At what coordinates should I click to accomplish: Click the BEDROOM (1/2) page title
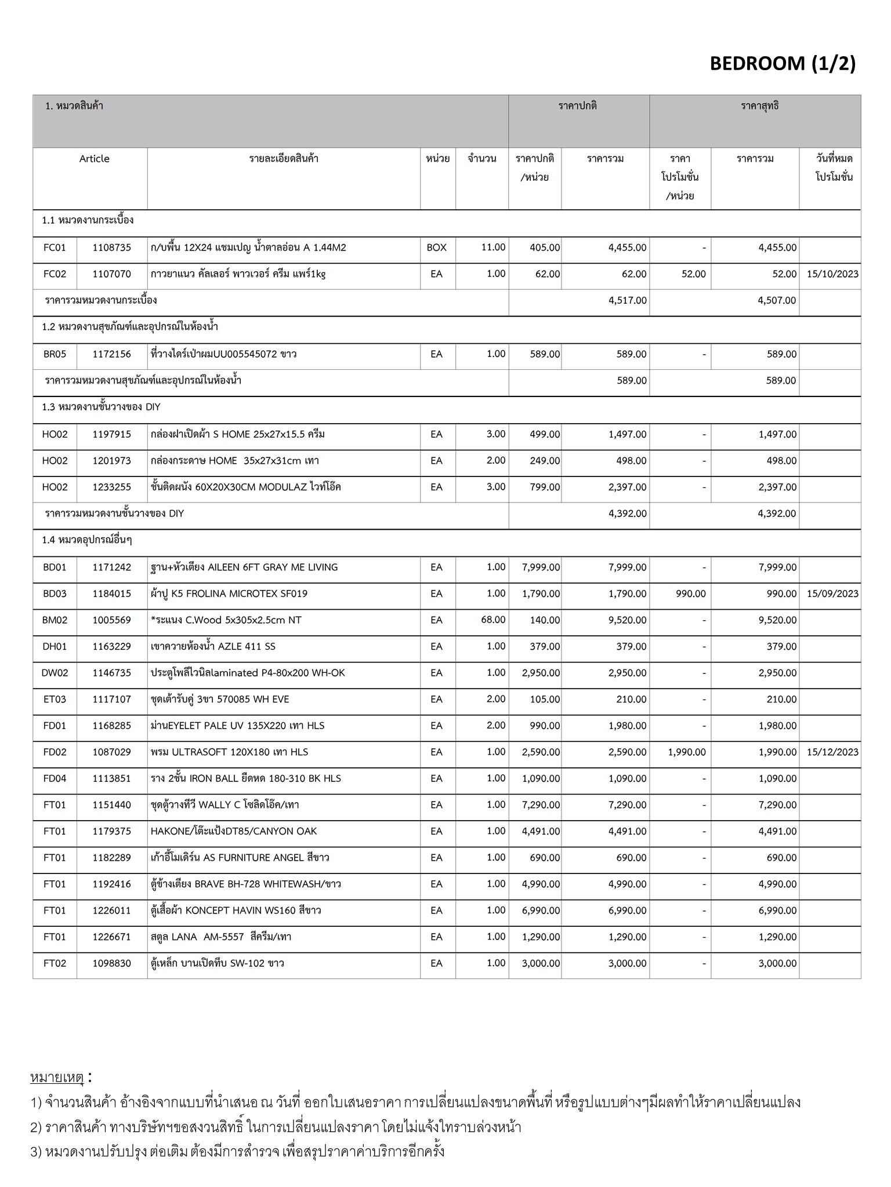(x=782, y=63)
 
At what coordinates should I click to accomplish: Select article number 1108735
(x=112, y=247)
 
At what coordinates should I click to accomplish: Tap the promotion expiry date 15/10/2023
(x=832, y=274)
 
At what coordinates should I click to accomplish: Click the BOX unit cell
(x=437, y=247)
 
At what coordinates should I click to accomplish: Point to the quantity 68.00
(x=493, y=620)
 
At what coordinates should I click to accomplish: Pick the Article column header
(x=94, y=159)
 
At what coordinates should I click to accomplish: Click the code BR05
(x=55, y=354)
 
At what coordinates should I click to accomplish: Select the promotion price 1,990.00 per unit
(x=687, y=752)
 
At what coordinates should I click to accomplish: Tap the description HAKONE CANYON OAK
(x=234, y=831)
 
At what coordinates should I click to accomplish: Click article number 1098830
(x=112, y=963)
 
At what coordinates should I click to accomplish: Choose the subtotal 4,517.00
(x=628, y=300)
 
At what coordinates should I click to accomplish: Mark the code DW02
(x=55, y=673)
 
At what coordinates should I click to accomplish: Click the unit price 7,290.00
(x=541, y=805)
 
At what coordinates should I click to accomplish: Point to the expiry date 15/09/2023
(x=832, y=593)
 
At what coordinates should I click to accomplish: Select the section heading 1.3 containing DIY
(x=101, y=407)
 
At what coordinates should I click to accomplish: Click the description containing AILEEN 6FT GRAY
(x=244, y=567)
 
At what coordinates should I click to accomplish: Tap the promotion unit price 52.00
(x=693, y=274)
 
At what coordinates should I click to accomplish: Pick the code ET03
(x=55, y=700)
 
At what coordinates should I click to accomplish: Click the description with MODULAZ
(x=245, y=487)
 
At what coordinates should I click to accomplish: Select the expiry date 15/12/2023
(x=832, y=752)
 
